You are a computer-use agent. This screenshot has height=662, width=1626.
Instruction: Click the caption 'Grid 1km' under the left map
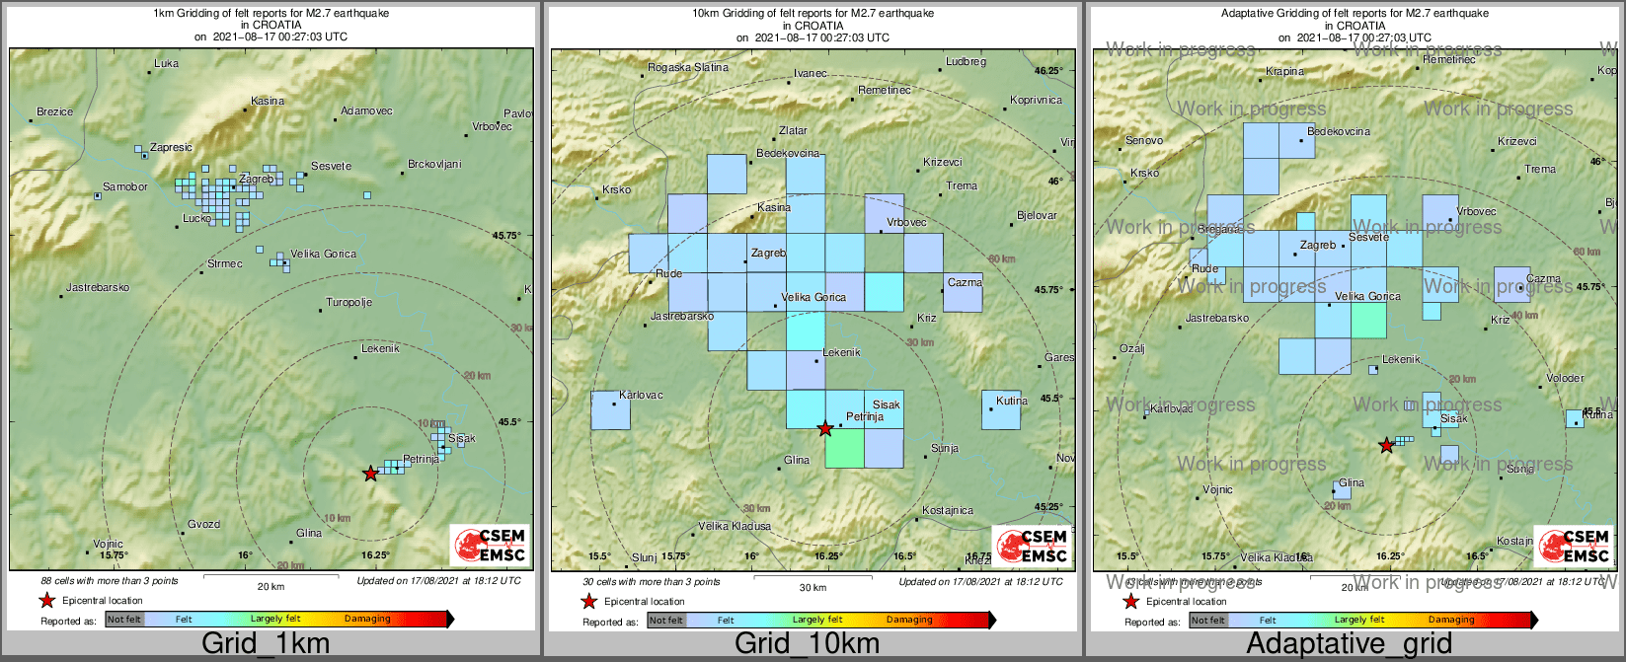pyautogui.click(x=266, y=644)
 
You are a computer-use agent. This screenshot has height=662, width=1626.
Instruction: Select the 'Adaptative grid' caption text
pyautogui.click(x=1349, y=644)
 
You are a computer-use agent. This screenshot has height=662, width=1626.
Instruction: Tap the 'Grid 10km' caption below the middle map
pyautogui.click(x=807, y=644)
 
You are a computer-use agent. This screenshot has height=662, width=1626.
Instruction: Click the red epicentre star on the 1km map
pyautogui.click(x=370, y=474)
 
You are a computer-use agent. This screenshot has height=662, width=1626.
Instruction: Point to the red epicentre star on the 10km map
pyautogui.click(x=825, y=428)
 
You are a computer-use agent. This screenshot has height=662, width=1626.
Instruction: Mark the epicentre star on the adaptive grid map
pyautogui.click(x=1386, y=445)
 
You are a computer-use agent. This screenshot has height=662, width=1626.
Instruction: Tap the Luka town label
pyautogui.click(x=167, y=64)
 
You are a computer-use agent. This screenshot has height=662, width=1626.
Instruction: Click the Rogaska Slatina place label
pyautogui.click(x=687, y=68)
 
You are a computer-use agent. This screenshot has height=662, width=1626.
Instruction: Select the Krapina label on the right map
pyautogui.click(x=1284, y=72)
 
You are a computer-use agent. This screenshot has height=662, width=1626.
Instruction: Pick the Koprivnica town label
pyautogui.click(x=1036, y=101)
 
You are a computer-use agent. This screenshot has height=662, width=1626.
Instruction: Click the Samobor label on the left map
pyautogui.click(x=125, y=187)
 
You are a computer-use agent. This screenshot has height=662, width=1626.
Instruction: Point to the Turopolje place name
pyautogui.click(x=348, y=303)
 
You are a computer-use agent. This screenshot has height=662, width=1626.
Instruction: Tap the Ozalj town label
pyautogui.click(x=1131, y=348)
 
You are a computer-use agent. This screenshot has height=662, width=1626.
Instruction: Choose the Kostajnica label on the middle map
pyautogui.click(x=947, y=511)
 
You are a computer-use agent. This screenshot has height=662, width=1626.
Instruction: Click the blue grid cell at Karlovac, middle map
pyautogui.click(x=610, y=409)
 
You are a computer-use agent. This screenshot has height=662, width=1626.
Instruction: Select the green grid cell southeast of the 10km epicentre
pyautogui.click(x=844, y=448)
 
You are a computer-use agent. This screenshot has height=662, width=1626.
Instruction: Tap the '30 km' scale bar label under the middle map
pyautogui.click(x=813, y=588)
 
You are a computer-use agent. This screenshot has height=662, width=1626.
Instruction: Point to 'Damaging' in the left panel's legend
pyautogui.click(x=367, y=620)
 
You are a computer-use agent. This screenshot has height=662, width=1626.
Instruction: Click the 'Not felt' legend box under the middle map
pyautogui.click(x=665, y=621)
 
